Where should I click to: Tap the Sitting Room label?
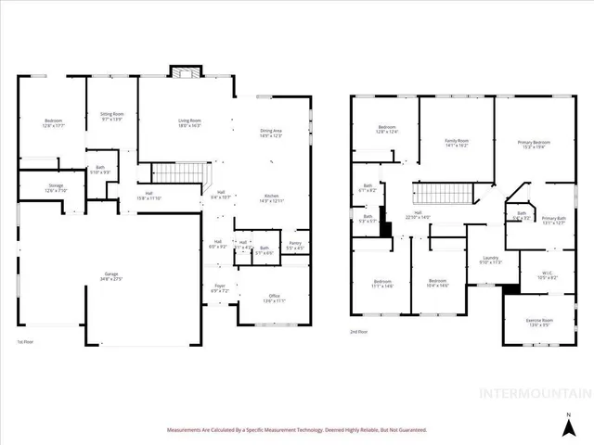tap(112, 116)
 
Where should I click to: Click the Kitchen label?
tap(271, 197)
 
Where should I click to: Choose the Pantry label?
tap(294, 246)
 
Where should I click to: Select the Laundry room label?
tap(491, 261)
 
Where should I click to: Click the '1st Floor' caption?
tap(26, 341)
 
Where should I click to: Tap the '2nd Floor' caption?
tap(358, 331)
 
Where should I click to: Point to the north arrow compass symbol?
tap(567, 423)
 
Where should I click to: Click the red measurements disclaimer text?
tap(296, 430)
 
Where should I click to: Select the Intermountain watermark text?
tap(534, 393)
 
